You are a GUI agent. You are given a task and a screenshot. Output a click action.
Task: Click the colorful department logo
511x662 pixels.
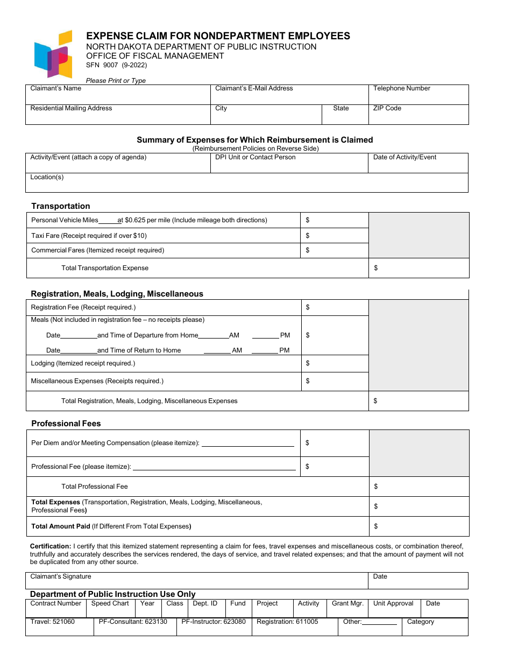(x=53, y=54)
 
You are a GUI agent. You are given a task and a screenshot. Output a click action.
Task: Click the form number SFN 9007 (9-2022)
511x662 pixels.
(x=116, y=65)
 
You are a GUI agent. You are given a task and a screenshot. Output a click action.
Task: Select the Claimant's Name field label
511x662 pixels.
(x=56, y=88)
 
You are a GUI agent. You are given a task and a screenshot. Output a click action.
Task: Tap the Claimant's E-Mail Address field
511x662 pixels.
(x=289, y=95)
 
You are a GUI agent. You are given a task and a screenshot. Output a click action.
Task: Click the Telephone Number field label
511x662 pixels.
(x=402, y=88)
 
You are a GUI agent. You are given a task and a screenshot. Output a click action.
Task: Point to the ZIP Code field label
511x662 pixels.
(x=387, y=108)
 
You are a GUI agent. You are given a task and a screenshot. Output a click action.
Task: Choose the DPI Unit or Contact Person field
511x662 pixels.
(x=289, y=163)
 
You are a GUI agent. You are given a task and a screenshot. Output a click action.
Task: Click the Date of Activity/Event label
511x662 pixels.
(x=404, y=157)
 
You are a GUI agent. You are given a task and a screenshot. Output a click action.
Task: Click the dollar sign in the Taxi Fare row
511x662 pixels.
(x=308, y=236)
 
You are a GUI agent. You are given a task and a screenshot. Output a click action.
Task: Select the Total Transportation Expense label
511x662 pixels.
(x=105, y=268)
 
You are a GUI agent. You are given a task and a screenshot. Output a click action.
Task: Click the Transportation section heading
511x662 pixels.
(x=61, y=206)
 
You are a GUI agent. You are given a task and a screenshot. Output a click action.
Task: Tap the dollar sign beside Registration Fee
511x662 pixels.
(x=308, y=307)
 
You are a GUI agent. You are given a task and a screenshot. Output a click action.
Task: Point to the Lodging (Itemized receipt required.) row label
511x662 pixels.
(x=83, y=363)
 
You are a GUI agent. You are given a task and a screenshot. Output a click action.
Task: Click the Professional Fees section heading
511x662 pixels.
(x=66, y=424)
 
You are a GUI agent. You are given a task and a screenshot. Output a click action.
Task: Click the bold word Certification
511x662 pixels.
(x=51, y=546)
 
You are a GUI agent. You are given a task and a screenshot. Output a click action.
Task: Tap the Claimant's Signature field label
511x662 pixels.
(x=61, y=576)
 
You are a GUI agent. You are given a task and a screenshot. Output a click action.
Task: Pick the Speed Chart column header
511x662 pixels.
(x=110, y=603)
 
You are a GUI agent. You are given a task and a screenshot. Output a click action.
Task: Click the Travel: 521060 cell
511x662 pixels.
(x=53, y=622)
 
